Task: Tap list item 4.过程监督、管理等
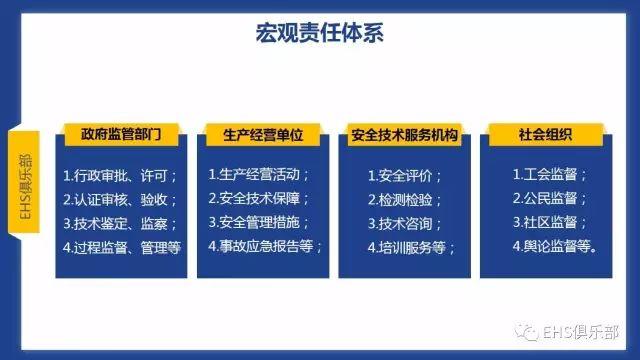pyautogui.click(x=121, y=246)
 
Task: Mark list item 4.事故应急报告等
pyautogui.click(x=266, y=245)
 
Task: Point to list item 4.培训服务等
pyautogui.click(x=411, y=246)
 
